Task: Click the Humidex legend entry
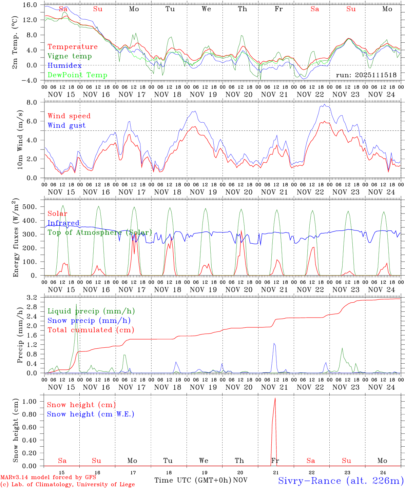click(x=64, y=65)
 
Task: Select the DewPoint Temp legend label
click(x=77, y=75)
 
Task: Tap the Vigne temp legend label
click(x=70, y=56)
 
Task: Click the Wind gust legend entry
click(x=66, y=125)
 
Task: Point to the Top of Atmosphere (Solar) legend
click(x=99, y=232)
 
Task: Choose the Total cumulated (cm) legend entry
click(x=91, y=330)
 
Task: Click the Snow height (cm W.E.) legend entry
click(x=90, y=414)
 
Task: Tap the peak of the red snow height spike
click(x=275, y=398)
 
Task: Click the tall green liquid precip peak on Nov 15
click(x=76, y=305)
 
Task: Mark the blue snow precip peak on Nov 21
click(x=274, y=344)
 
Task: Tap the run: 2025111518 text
click(x=366, y=75)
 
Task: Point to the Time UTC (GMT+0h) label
click(x=193, y=480)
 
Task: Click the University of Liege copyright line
click(x=67, y=484)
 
